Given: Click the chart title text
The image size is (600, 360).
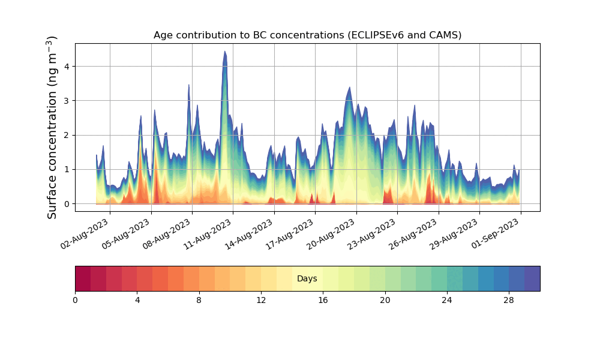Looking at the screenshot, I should tap(307, 35).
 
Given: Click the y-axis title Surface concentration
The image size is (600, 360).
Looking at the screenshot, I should tap(52, 127).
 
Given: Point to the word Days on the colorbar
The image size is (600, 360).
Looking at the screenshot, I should tap(307, 279).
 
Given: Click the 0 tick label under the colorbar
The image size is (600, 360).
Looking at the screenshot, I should tap(75, 299).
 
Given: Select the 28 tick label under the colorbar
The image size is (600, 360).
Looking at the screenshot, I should tap(509, 299).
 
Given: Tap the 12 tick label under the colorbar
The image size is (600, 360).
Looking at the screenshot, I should tap(261, 299).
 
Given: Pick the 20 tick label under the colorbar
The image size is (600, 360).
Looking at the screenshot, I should tap(385, 299).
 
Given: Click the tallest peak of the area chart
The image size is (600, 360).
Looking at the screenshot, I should tap(225, 53).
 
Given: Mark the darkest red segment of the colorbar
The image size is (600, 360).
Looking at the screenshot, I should tap(83, 278).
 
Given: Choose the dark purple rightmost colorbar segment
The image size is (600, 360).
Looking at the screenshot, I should tap(532, 278).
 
